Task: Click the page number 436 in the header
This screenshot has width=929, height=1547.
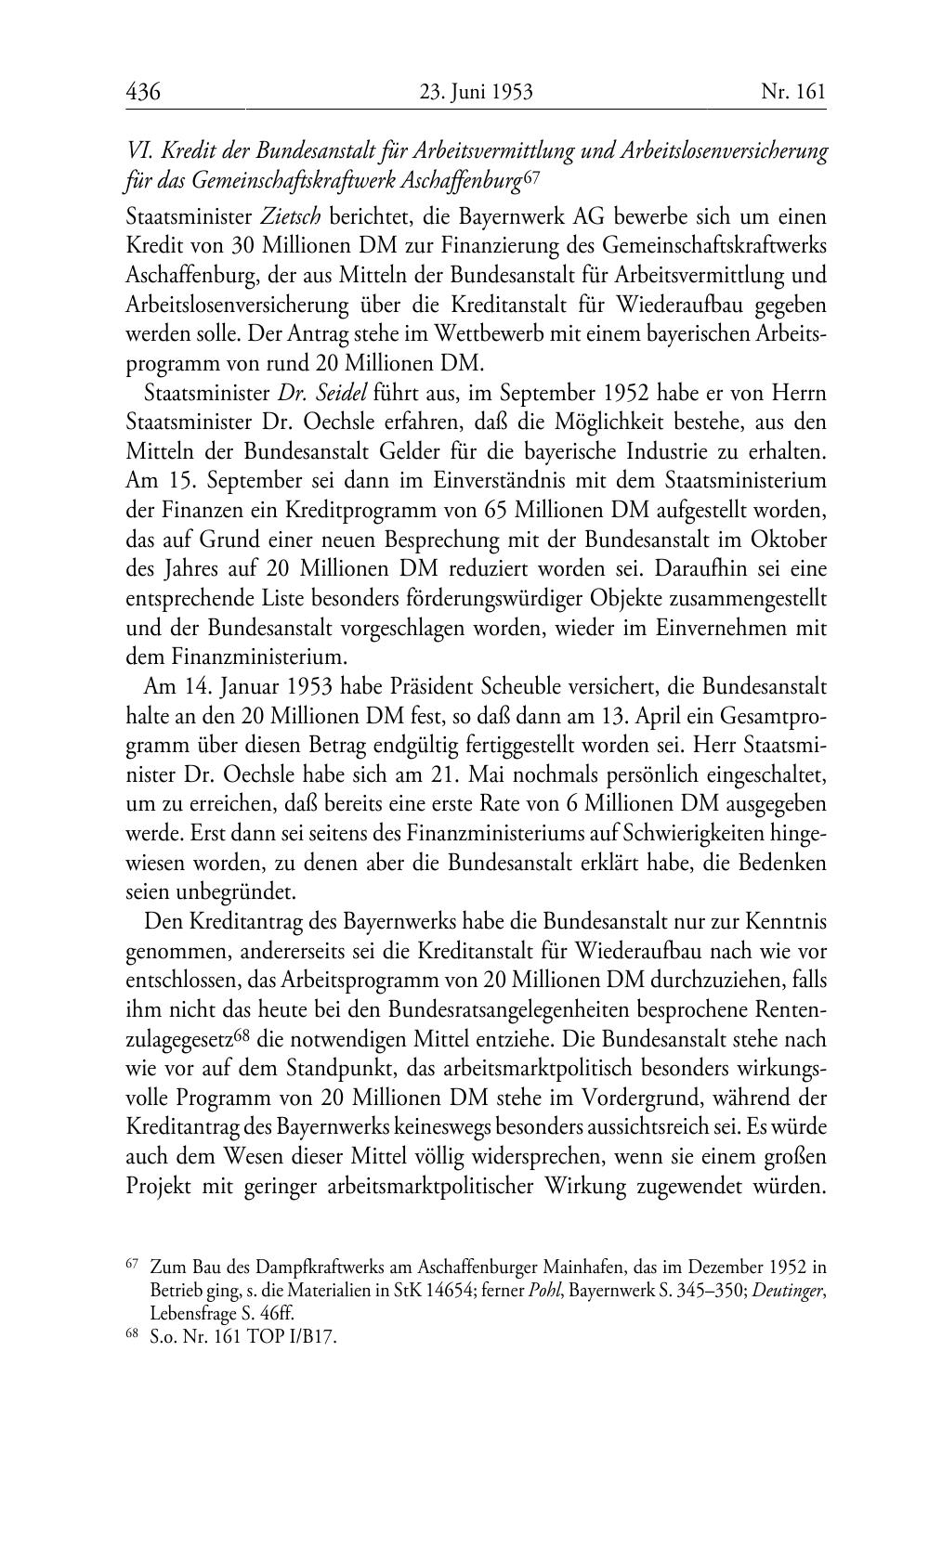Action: click(143, 91)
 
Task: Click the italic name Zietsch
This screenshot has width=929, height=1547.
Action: click(291, 217)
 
